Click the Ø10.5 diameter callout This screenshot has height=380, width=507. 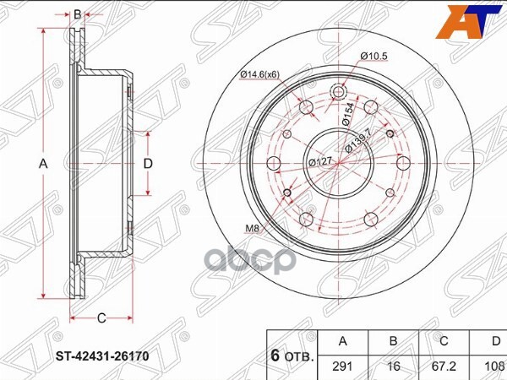point(373,57)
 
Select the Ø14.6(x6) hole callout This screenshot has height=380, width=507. point(259,74)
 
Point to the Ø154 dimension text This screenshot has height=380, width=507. point(348,114)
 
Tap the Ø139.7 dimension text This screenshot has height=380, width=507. point(358,140)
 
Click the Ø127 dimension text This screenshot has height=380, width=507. point(320,161)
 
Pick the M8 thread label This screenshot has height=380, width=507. point(252,229)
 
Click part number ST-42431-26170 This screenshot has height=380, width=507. point(102,356)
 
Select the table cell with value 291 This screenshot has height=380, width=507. point(343,366)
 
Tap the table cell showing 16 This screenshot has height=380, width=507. point(394,366)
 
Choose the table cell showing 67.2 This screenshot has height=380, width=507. point(444,366)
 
